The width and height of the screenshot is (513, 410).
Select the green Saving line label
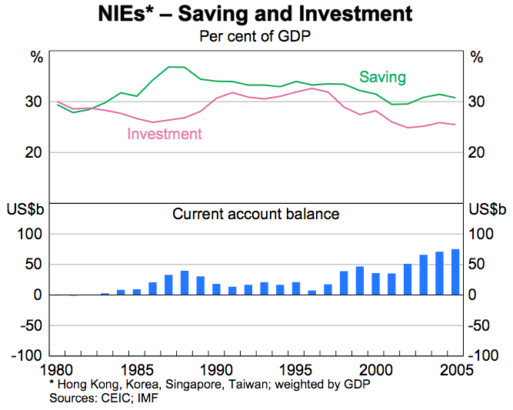(382, 77)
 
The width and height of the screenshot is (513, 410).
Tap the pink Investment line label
(165, 134)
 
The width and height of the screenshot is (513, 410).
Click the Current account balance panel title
(255, 214)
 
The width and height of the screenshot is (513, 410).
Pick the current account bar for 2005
(455, 272)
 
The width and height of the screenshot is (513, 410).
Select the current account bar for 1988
(185, 282)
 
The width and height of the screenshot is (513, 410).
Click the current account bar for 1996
(312, 292)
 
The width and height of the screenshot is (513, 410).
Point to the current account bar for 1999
(360, 281)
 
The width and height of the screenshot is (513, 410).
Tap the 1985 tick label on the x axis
(136, 368)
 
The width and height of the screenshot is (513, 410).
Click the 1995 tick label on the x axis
(296, 368)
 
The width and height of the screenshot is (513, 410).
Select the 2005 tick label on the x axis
(455, 368)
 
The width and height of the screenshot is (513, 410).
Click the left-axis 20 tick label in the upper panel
(34, 152)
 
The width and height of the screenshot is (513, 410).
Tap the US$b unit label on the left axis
(25, 209)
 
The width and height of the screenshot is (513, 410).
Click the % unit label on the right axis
(477, 57)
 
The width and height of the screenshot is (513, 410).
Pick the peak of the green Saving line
(176, 67)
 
